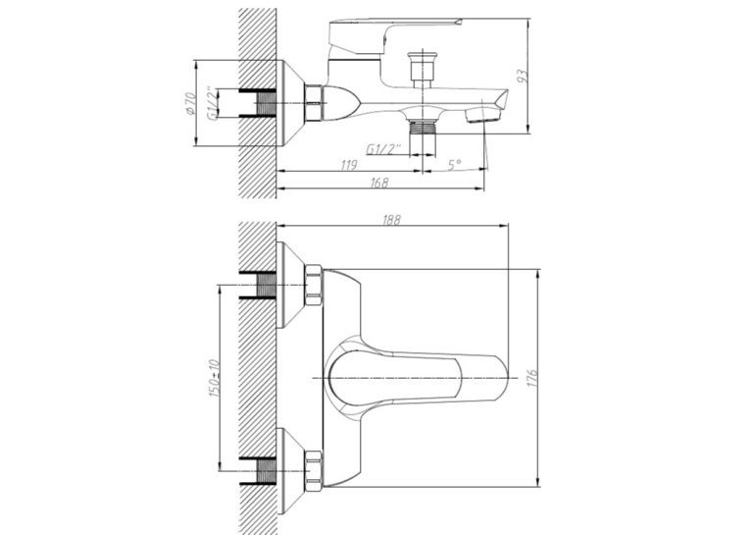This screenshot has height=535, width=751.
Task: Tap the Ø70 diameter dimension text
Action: point(190,103)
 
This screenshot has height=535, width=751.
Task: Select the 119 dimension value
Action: point(349,165)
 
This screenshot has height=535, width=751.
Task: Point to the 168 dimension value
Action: point(378,183)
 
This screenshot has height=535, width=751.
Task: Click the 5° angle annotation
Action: point(455,165)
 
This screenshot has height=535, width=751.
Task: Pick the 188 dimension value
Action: point(391,220)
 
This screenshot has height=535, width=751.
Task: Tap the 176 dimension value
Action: point(533,378)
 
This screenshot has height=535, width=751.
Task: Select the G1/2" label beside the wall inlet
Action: point(211,103)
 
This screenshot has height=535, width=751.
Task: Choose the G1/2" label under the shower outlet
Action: point(382,149)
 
